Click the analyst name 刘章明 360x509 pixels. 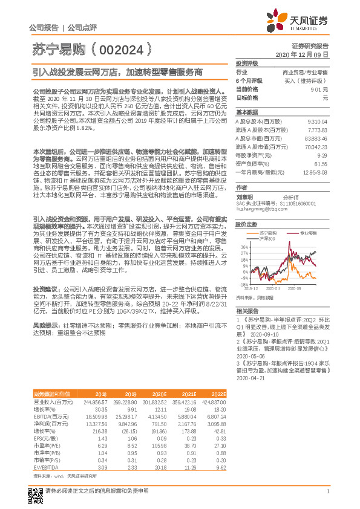pos(245,197)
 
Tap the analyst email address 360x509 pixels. pos(257,209)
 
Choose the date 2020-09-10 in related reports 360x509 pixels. pos(263,334)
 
